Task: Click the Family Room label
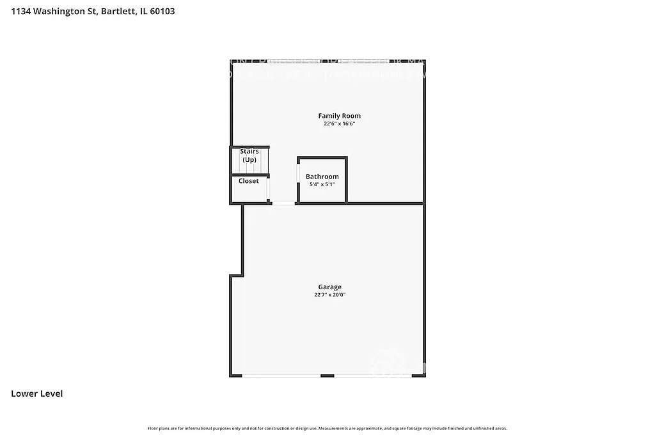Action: tap(339, 116)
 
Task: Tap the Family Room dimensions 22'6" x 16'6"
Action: tap(339, 124)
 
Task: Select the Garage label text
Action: tap(329, 287)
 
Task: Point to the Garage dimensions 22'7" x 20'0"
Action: tap(329, 295)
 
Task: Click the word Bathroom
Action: tap(322, 177)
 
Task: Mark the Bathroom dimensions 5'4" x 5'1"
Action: tap(322, 184)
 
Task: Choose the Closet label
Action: tap(249, 181)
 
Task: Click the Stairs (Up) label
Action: tap(249, 155)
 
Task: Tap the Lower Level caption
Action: tap(37, 393)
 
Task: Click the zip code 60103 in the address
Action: tap(162, 11)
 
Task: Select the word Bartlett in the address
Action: tap(117, 11)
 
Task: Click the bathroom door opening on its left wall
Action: tap(298, 173)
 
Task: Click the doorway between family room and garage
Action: tap(283, 203)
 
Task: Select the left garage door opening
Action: tap(281, 376)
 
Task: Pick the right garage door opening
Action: tap(377, 376)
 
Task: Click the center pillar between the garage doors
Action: tap(327, 376)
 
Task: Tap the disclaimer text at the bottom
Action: tap(327, 428)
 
